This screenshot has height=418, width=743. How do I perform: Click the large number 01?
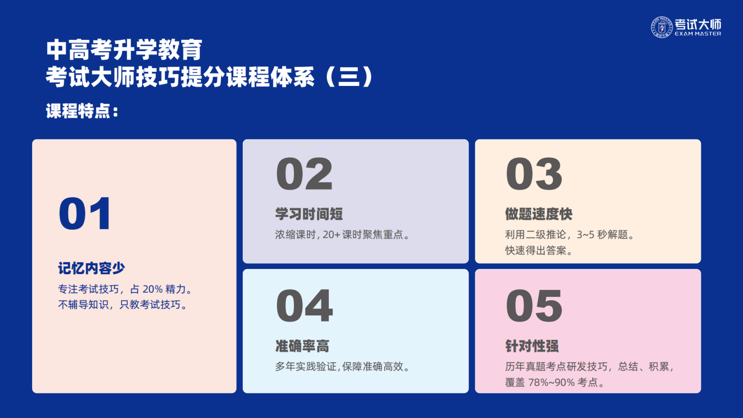tap(85, 213)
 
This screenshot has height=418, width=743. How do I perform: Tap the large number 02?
tap(304, 174)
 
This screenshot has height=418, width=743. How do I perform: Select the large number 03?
tap(534, 174)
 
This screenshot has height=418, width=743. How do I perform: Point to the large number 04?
tap(304, 305)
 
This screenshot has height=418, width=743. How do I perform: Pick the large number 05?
tap(534, 305)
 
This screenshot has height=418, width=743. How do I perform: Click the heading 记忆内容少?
tap(91, 268)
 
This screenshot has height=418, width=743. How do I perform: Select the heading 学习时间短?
tap(309, 214)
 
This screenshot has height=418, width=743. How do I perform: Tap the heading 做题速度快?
tap(539, 214)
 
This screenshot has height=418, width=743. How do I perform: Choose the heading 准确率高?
tap(302, 346)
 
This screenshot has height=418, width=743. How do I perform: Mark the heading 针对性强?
tap(532, 346)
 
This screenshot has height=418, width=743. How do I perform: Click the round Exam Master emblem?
tap(662, 27)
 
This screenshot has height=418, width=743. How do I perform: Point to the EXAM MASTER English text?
tap(698, 33)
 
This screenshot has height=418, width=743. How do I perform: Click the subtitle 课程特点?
tap(82, 111)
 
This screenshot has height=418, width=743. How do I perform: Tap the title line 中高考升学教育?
tap(124, 50)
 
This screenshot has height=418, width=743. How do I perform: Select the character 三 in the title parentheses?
tap(349, 77)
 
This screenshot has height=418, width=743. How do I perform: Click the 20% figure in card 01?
tap(153, 289)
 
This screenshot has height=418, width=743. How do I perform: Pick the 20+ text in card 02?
tap(332, 235)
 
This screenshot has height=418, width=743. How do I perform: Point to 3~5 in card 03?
tap(586, 235)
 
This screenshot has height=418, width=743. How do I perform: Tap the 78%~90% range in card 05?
tap(551, 383)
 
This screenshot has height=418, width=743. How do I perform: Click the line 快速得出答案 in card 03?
tap(539, 250)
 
